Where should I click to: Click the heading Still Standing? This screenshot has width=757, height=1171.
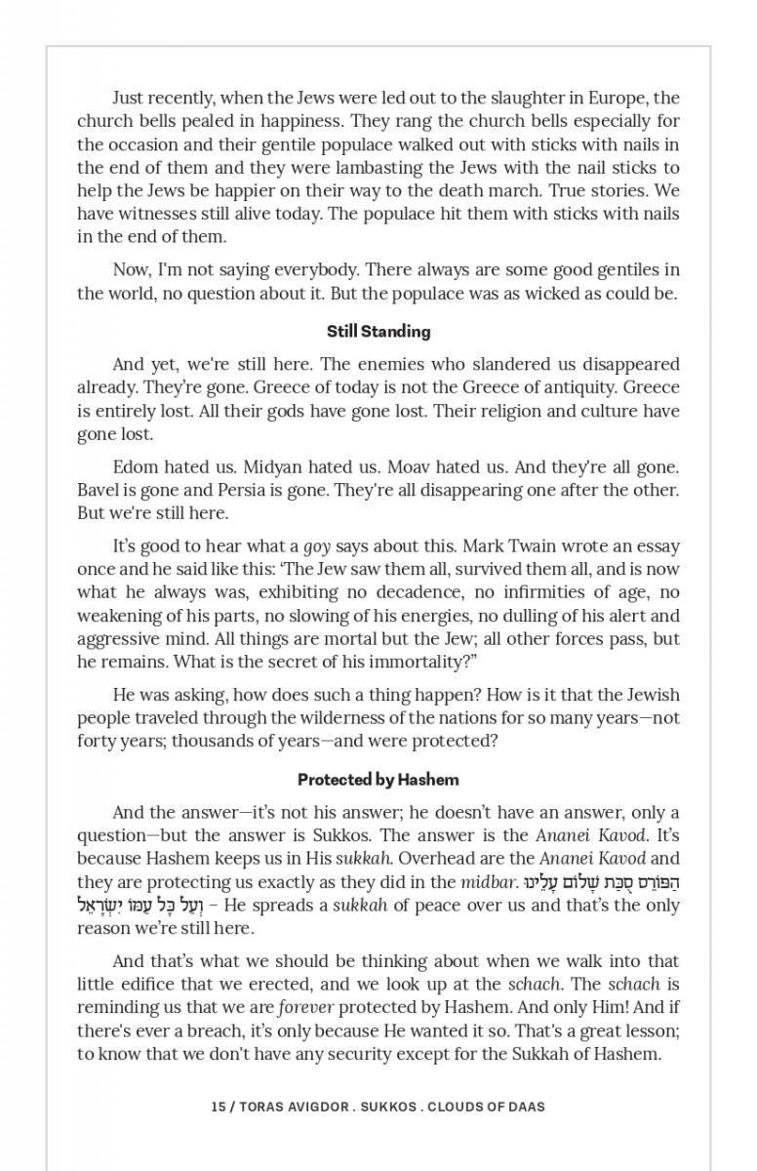pos(378,331)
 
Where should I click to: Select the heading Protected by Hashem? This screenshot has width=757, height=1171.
pos(378,780)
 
